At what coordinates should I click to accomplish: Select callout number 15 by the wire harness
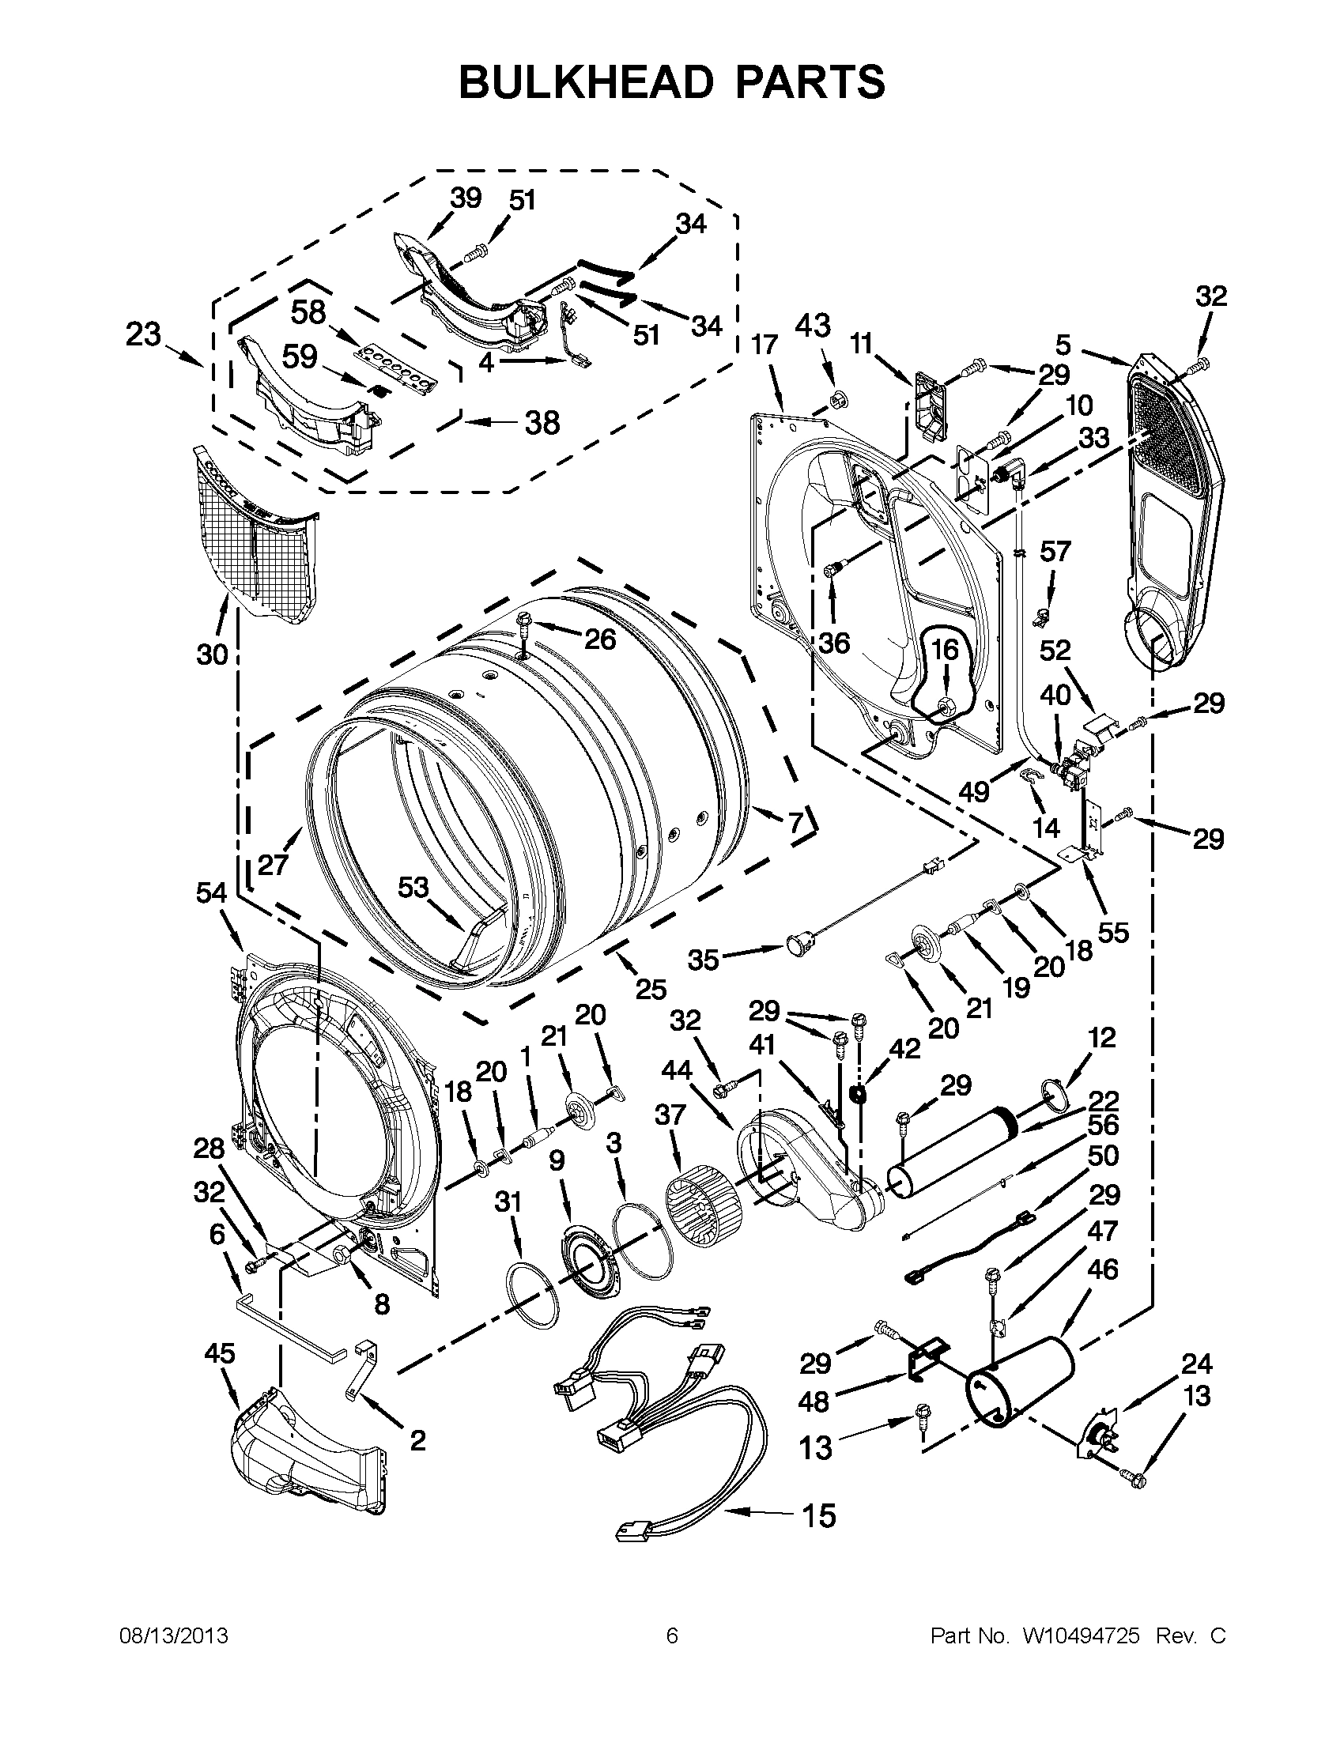point(819,1515)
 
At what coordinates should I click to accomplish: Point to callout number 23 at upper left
point(144,335)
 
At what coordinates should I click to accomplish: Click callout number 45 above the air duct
point(220,1352)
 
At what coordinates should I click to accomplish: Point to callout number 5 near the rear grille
point(1063,344)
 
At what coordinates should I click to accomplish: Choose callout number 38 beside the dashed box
point(542,422)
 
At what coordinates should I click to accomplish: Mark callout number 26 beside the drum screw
point(598,639)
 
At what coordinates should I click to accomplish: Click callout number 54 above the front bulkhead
point(213,893)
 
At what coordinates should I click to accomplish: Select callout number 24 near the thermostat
point(1195,1364)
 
